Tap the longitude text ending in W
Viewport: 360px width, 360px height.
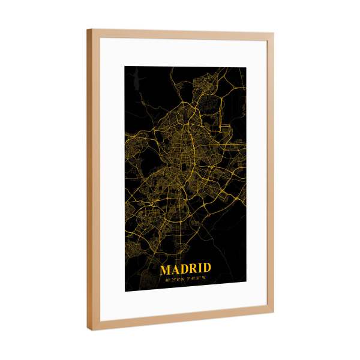coord(196,277)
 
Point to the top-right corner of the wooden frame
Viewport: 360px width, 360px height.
coord(274,34)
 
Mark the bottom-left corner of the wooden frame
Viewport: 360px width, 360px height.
coord(91,330)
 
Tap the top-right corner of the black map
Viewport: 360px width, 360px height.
coord(245,68)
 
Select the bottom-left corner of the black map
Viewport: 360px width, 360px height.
coord(125,291)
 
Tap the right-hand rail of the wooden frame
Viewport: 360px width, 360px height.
coord(271,174)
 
